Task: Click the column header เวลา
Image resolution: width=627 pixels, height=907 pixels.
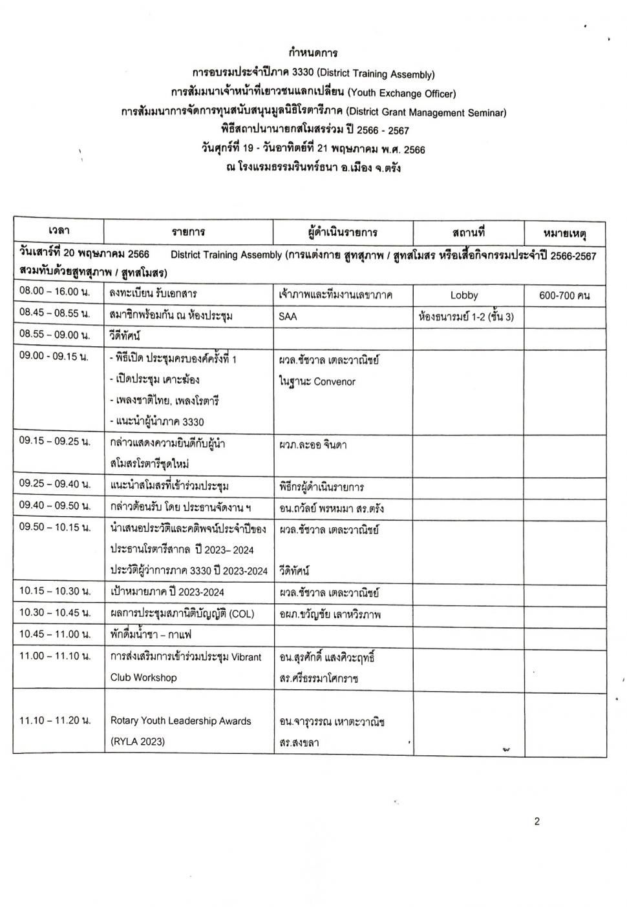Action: (59, 231)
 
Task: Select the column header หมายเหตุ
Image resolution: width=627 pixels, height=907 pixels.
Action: (564, 233)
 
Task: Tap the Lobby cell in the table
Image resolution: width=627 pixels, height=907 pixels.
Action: (464, 295)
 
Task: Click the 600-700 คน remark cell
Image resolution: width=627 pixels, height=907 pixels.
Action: (564, 295)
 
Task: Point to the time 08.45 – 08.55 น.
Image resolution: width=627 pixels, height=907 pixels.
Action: (54, 315)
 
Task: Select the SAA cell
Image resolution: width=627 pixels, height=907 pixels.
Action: (288, 317)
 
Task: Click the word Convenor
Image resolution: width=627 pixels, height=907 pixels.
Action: (334, 382)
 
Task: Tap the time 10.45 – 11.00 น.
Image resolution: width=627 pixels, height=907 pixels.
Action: (54, 634)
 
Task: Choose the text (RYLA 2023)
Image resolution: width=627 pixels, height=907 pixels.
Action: (138, 742)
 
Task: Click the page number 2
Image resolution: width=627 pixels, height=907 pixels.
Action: (537, 822)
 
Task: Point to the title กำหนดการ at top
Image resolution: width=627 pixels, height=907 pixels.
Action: (313, 53)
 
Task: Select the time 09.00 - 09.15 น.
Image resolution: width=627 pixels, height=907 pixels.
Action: (54, 357)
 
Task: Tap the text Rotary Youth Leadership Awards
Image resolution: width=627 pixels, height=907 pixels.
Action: (180, 721)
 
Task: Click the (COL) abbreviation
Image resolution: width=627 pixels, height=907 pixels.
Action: (242, 613)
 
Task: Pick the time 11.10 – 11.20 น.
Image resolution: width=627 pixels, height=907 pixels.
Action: (54, 720)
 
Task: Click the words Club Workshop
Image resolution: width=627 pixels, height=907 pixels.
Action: (143, 678)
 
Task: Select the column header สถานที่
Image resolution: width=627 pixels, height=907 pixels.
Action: (468, 232)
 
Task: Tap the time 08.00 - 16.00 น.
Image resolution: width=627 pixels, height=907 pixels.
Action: (54, 291)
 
